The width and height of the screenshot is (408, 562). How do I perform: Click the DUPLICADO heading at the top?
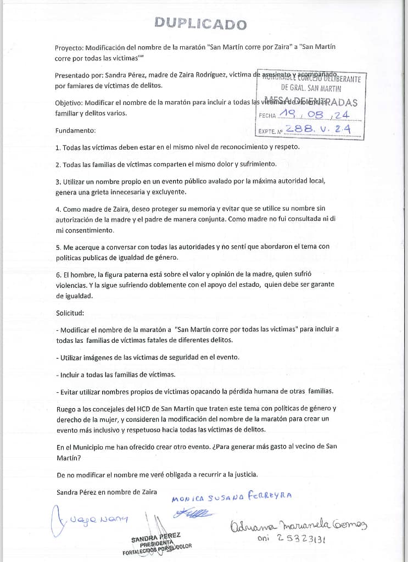coord(200,24)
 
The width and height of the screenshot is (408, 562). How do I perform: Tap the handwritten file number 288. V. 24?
coord(317,130)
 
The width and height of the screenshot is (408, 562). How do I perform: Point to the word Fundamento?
coord(75,131)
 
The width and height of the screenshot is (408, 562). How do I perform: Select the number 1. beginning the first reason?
coord(58,147)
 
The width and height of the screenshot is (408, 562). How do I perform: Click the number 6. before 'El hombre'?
coord(58,274)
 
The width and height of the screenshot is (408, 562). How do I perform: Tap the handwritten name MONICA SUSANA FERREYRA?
coord(232,497)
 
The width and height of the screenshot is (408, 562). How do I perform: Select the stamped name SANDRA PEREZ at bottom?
coord(155,536)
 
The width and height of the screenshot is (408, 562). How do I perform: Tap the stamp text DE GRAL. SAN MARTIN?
coord(311,88)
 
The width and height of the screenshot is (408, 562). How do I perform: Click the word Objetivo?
coord(70,103)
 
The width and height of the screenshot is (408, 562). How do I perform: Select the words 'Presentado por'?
coord(79,75)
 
